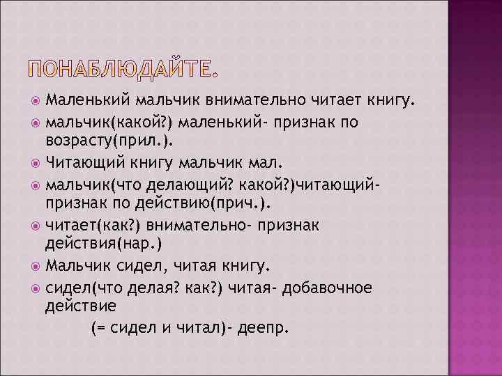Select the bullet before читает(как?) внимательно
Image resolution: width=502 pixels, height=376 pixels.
click(37, 226)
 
